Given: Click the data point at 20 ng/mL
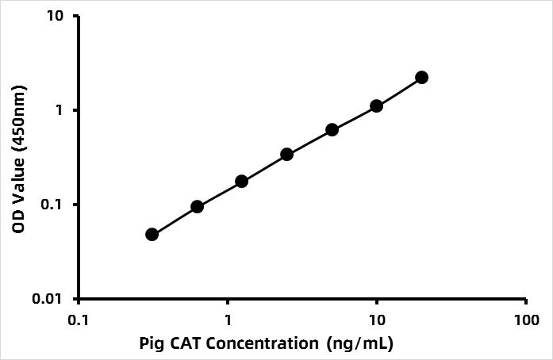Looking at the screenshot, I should coord(421,77).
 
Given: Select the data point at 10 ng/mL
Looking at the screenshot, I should coord(376,105).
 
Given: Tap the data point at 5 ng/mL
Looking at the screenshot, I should coord(332,129).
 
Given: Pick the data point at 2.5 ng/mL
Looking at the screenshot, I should coord(286,154).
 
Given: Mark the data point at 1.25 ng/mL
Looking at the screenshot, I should coord(242,181).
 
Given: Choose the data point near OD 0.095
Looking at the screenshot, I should coord(197,206).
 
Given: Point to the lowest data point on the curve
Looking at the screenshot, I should coord(152,234).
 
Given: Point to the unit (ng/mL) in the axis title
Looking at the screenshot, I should coord(359,345).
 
